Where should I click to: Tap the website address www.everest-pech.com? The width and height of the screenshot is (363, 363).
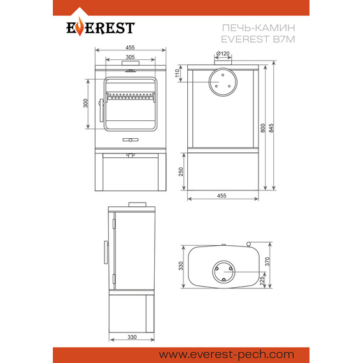(227, 355)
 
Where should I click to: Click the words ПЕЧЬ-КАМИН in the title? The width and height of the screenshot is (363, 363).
(259, 28)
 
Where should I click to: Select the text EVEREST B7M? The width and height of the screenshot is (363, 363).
(258, 39)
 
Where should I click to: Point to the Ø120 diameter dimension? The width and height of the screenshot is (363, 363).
(223, 53)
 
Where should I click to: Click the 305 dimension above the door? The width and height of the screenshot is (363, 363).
(130, 57)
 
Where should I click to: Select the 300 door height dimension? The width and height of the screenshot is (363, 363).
(86, 103)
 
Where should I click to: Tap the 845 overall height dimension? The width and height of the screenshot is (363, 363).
(271, 128)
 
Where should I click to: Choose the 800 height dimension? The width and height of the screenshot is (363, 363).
(262, 128)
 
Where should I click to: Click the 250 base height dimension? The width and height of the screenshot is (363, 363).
(181, 172)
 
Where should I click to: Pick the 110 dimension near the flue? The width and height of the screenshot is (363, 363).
(177, 73)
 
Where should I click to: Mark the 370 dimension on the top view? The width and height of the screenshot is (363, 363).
(267, 261)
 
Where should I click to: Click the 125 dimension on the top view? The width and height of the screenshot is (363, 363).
(262, 281)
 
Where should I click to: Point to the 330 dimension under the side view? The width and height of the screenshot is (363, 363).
(132, 337)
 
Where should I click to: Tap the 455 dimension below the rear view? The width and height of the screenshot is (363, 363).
(222, 196)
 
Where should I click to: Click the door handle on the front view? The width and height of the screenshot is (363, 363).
(101, 110)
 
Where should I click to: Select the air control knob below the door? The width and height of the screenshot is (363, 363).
(131, 140)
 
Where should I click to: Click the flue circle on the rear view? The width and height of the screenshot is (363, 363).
(223, 82)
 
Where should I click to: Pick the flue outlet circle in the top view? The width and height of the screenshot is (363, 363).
(224, 272)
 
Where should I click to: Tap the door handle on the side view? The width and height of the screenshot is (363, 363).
(106, 252)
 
